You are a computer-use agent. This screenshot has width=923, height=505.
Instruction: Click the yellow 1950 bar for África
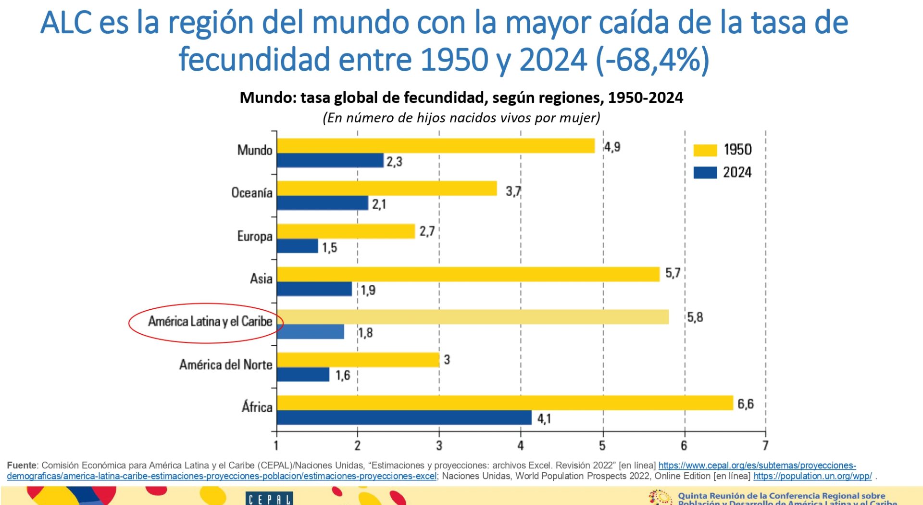tap(505, 403)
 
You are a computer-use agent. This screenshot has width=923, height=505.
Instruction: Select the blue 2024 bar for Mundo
tap(330, 161)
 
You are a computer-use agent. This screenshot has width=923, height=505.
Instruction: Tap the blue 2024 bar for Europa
tap(298, 246)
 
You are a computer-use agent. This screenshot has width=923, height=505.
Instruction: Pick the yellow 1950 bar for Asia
tap(468, 274)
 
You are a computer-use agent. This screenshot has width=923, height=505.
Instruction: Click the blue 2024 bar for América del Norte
tap(303, 375)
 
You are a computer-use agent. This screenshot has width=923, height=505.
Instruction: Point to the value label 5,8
tap(695, 317)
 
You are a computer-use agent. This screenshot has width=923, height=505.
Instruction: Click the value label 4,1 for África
tap(544, 419)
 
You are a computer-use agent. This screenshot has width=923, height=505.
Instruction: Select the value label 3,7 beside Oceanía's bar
tap(513, 191)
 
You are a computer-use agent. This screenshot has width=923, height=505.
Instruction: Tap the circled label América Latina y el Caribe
tap(210, 321)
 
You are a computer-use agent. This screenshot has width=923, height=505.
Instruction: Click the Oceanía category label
tap(252, 193)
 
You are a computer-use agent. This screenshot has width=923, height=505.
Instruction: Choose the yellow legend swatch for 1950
tap(705, 151)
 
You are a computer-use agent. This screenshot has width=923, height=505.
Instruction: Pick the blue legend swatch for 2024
tap(705, 173)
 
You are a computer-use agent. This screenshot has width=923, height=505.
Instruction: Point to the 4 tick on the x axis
tap(521, 446)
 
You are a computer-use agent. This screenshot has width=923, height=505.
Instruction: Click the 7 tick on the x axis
tap(765, 446)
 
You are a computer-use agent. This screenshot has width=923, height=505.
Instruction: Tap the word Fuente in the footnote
tap(22, 466)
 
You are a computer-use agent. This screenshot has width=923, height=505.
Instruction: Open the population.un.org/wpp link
tap(812, 476)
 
